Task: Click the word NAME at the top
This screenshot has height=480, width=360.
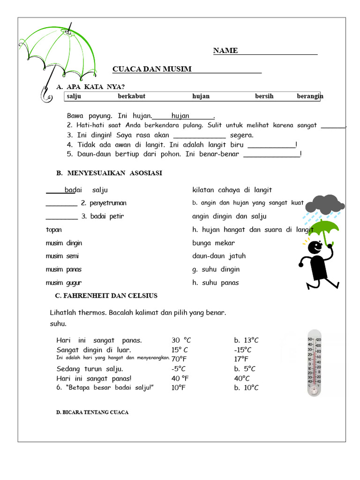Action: click(x=225, y=51)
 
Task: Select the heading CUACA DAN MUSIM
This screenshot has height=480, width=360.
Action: click(x=152, y=69)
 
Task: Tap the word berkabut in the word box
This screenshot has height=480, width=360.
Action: click(x=131, y=96)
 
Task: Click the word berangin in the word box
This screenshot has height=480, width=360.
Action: click(x=310, y=96)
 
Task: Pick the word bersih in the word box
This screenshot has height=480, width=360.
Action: click(x=264, y=96)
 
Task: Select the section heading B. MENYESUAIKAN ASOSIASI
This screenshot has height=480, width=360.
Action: click(x=109, y=173)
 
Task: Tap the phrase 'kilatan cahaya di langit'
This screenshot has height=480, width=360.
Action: click(x=232, y=190)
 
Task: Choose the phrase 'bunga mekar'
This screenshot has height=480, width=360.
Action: click(x=213, y=243)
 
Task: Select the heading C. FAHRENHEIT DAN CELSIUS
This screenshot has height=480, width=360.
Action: click(x=106, y=296)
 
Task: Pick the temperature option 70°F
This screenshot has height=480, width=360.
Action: click(x=179, y=359)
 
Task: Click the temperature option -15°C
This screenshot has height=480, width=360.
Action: click(x=243, y=350)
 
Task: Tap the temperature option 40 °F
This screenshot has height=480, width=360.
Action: click(x=180, y=378)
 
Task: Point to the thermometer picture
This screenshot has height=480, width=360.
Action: click(x=314, y=363)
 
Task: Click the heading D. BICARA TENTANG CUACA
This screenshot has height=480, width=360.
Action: click(x=92, y=412)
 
